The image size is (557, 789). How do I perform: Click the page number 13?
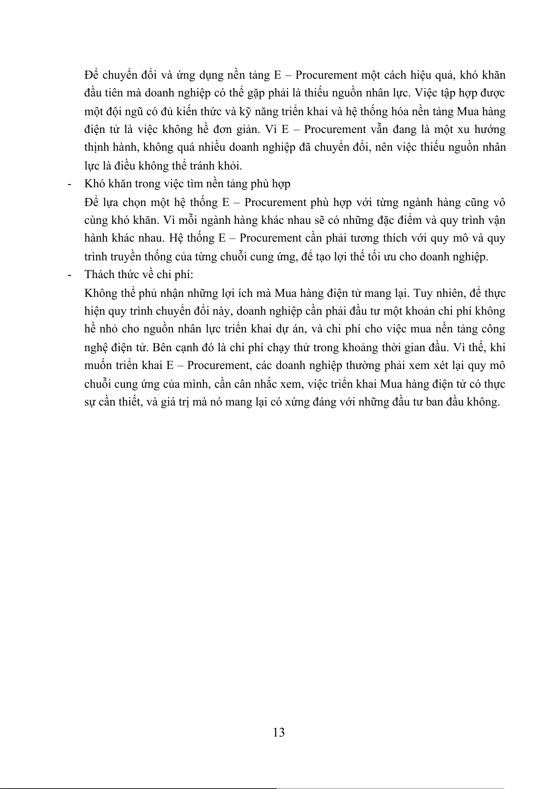coord(278,732)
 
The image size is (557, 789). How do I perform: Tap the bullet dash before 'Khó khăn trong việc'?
coord(70,184)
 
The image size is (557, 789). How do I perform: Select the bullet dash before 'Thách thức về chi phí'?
coord(70,275)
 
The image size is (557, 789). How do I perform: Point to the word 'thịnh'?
coord(97,147)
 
